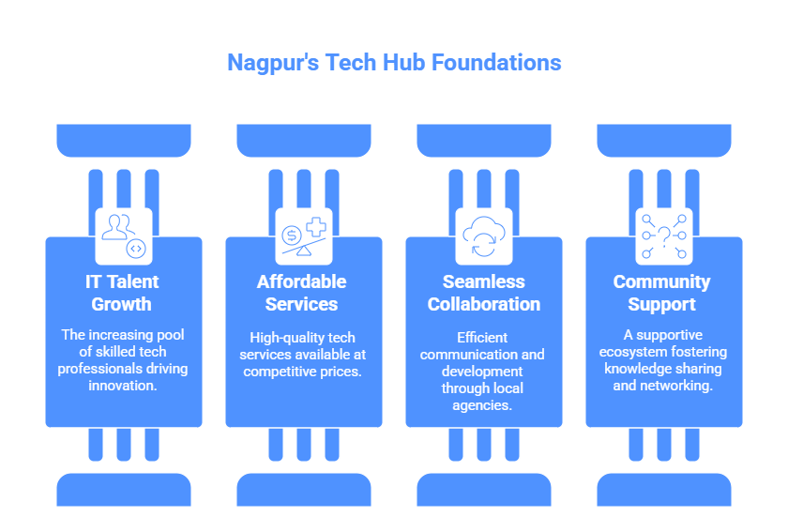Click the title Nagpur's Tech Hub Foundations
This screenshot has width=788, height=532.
point(394,63)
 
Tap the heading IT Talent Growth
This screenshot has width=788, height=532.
point(124,293)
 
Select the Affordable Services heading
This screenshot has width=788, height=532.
point(303,293)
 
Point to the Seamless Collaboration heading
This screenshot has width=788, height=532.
point(484,293)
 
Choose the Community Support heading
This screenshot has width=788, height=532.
point(663,293)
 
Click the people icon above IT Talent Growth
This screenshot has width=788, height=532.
point(124,236)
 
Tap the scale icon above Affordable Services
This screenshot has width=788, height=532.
point(303,236)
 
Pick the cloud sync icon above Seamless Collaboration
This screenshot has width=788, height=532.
point(484,236)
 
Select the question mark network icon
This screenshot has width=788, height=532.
point(663,236)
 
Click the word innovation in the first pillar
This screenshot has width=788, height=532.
point(124,386)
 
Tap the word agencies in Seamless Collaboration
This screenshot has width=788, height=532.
point(484,405)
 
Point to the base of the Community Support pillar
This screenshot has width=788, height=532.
point(663,489)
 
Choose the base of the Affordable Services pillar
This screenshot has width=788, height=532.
point(303,489)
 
